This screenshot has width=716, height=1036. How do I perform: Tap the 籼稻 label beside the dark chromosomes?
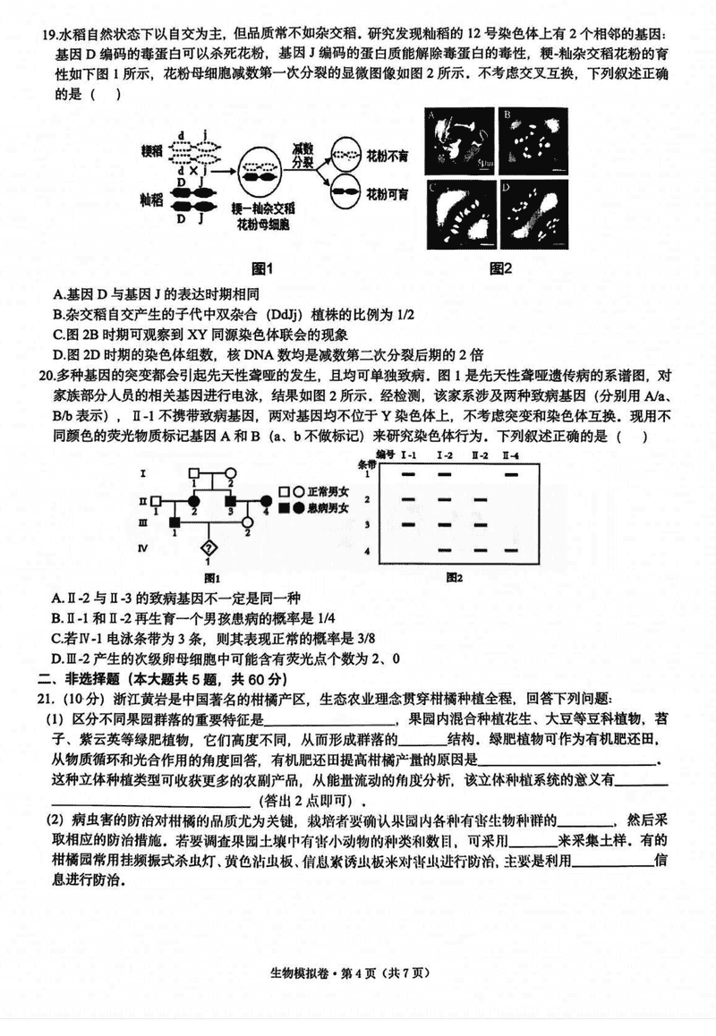(x=153, y=197)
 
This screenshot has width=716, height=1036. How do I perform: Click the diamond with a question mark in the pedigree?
(x=209, y=547)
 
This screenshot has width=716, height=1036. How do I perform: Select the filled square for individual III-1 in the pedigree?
(x=175, y=522)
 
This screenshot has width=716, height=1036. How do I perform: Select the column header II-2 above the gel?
(x=479, y=456)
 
